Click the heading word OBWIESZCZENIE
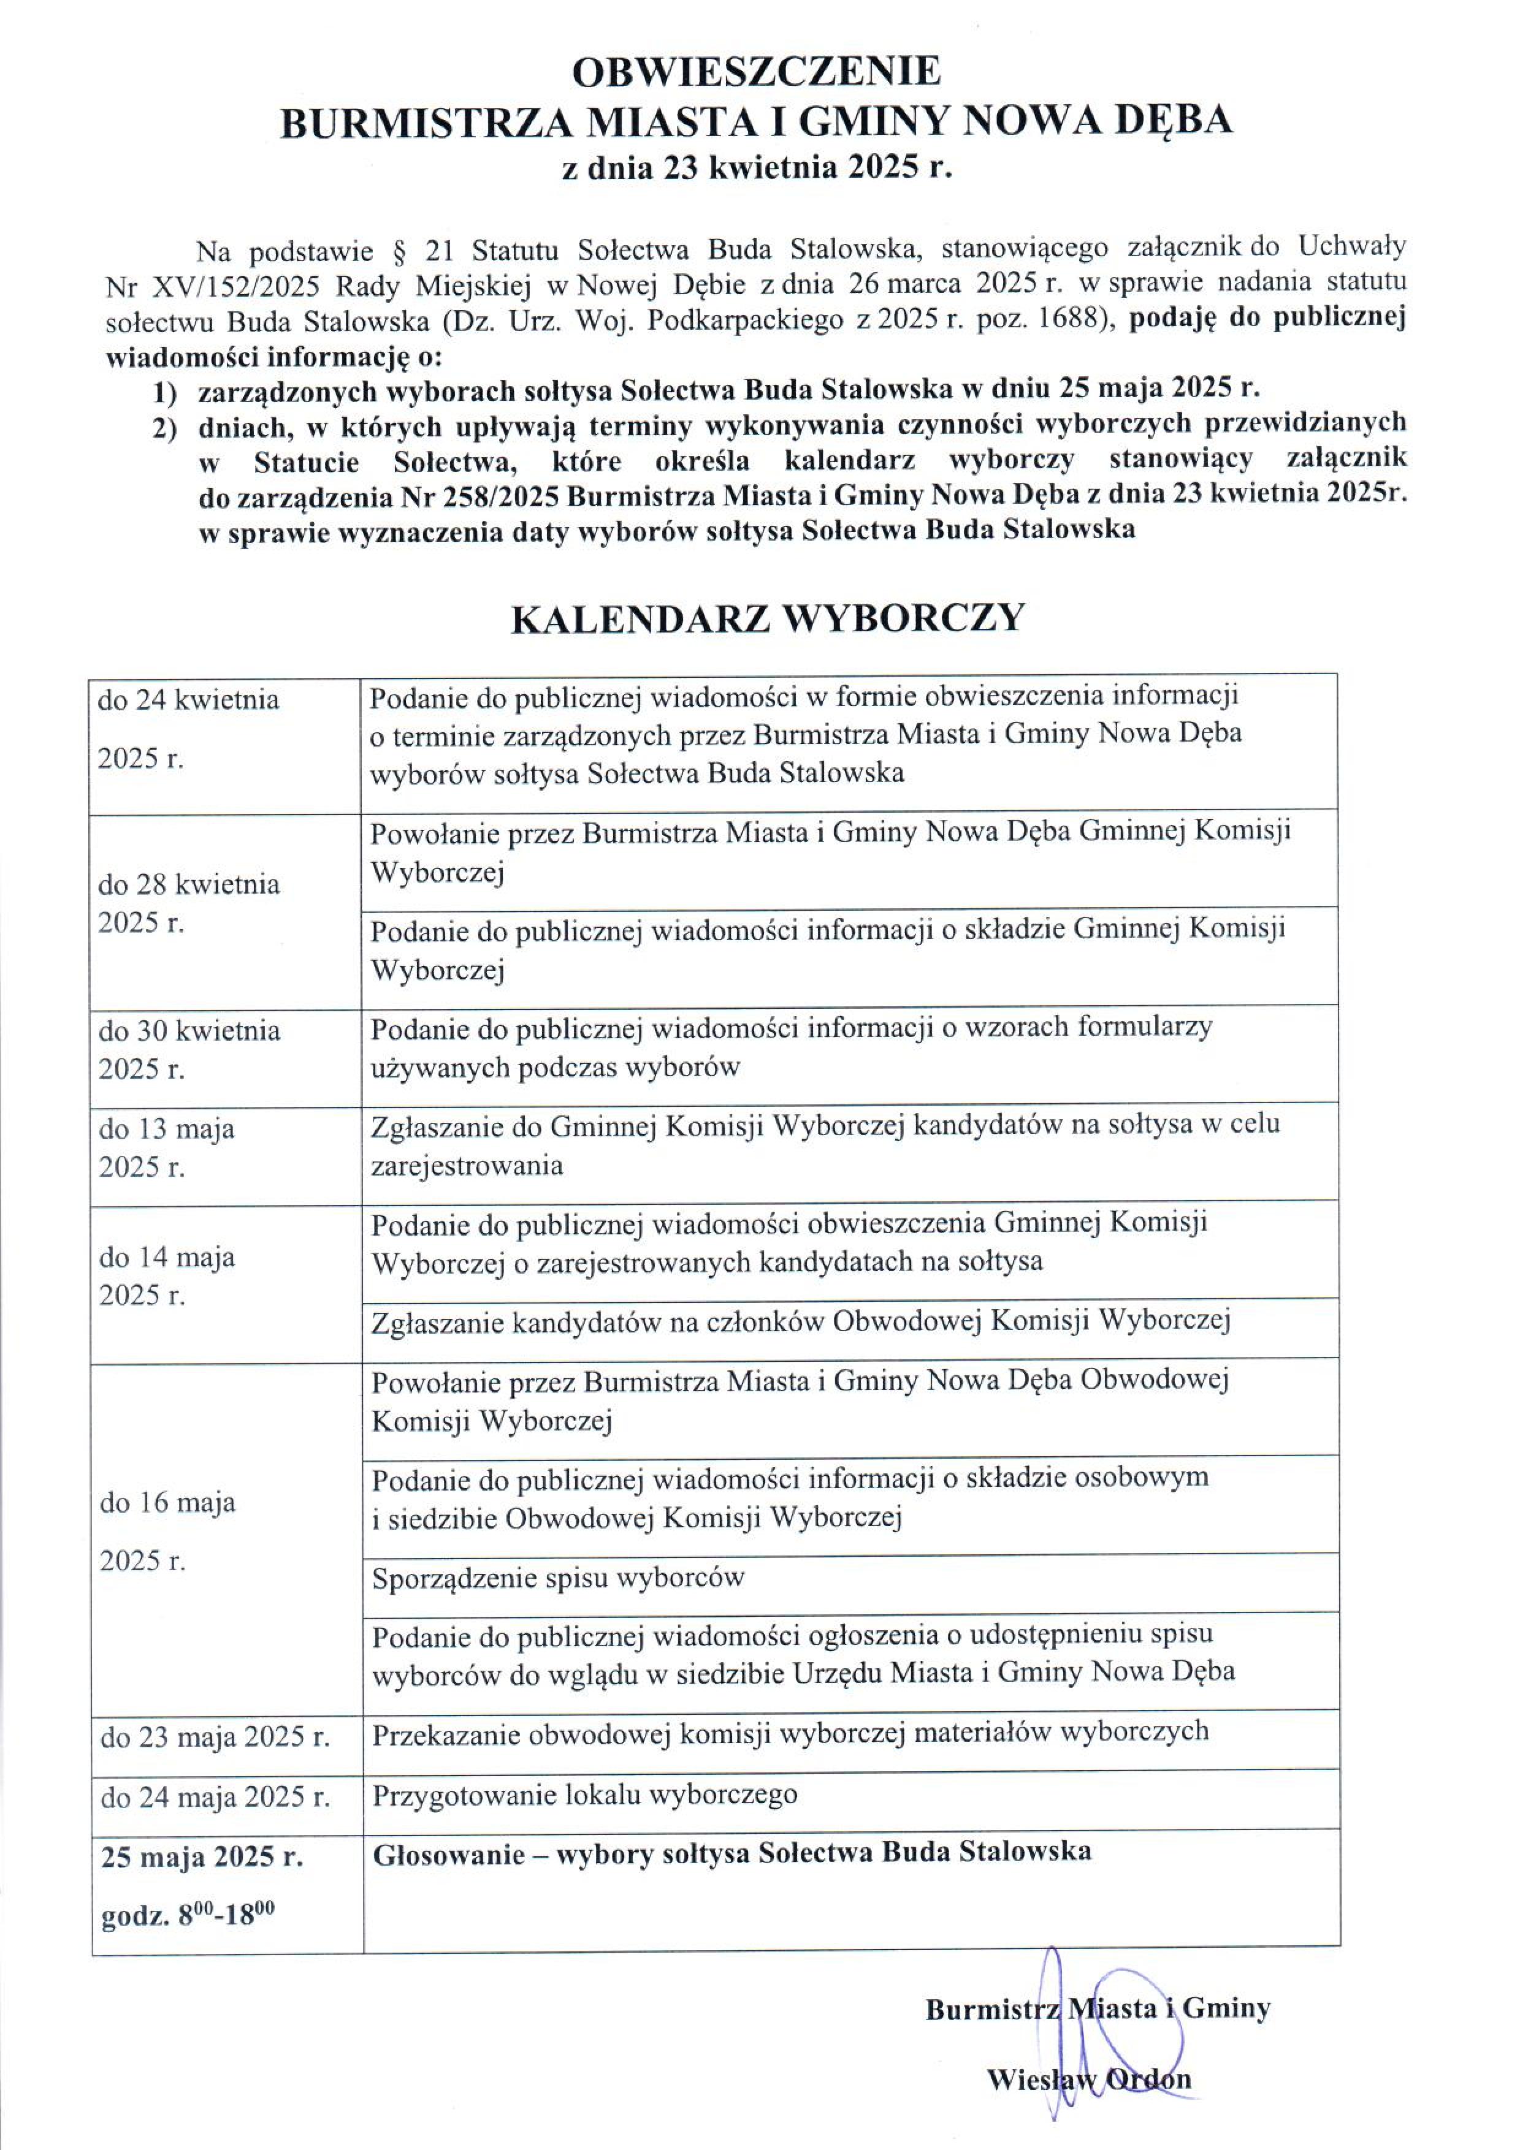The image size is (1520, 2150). (x=757, y=73)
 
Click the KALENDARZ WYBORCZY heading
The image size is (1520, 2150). (x=768, y=619)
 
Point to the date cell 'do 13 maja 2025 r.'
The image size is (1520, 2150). (x=167, y=1148)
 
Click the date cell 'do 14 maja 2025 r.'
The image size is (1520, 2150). (x=167, y=1275)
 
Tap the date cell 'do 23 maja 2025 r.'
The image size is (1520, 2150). (x=215, y=1738)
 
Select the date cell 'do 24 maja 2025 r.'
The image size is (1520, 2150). (x=215, y=1796)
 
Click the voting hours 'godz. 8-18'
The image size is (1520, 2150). (x=187, y=1915)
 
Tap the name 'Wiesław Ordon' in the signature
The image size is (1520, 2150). (x=1088, y=2079)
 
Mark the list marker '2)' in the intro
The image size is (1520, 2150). (x=165, y=428)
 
